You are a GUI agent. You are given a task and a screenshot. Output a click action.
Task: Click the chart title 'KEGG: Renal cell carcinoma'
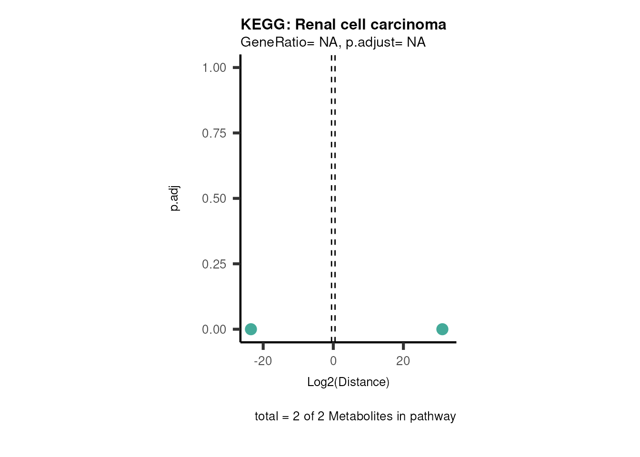(343, 24)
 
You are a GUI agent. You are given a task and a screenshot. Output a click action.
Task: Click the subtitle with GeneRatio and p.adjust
(333, 42)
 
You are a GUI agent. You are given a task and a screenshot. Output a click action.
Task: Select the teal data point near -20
(251, 329)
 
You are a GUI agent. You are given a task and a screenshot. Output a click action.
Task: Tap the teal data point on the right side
(442, 329)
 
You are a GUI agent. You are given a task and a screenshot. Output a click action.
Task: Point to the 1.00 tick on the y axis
(214, 68)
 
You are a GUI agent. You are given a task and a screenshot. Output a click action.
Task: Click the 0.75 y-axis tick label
(214, 133)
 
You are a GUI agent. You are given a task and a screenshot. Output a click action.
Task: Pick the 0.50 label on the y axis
(214, 199)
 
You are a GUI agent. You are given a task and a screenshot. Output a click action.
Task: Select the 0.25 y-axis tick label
(214, 264)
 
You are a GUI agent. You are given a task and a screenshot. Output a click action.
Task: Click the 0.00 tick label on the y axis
(214, 329)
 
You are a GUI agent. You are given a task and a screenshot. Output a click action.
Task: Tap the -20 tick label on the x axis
(263, 361)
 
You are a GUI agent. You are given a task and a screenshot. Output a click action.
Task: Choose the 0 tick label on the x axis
(333, 361)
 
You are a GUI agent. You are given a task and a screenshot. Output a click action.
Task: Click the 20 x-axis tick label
(403, 361)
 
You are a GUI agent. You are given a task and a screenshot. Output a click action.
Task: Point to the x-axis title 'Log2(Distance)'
(348, 382)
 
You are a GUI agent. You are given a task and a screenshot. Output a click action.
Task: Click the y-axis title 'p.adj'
(175, 199)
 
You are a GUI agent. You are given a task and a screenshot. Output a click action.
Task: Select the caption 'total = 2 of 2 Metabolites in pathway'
(355, 417)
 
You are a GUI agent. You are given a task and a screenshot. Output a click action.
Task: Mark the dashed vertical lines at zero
(333, 190)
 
